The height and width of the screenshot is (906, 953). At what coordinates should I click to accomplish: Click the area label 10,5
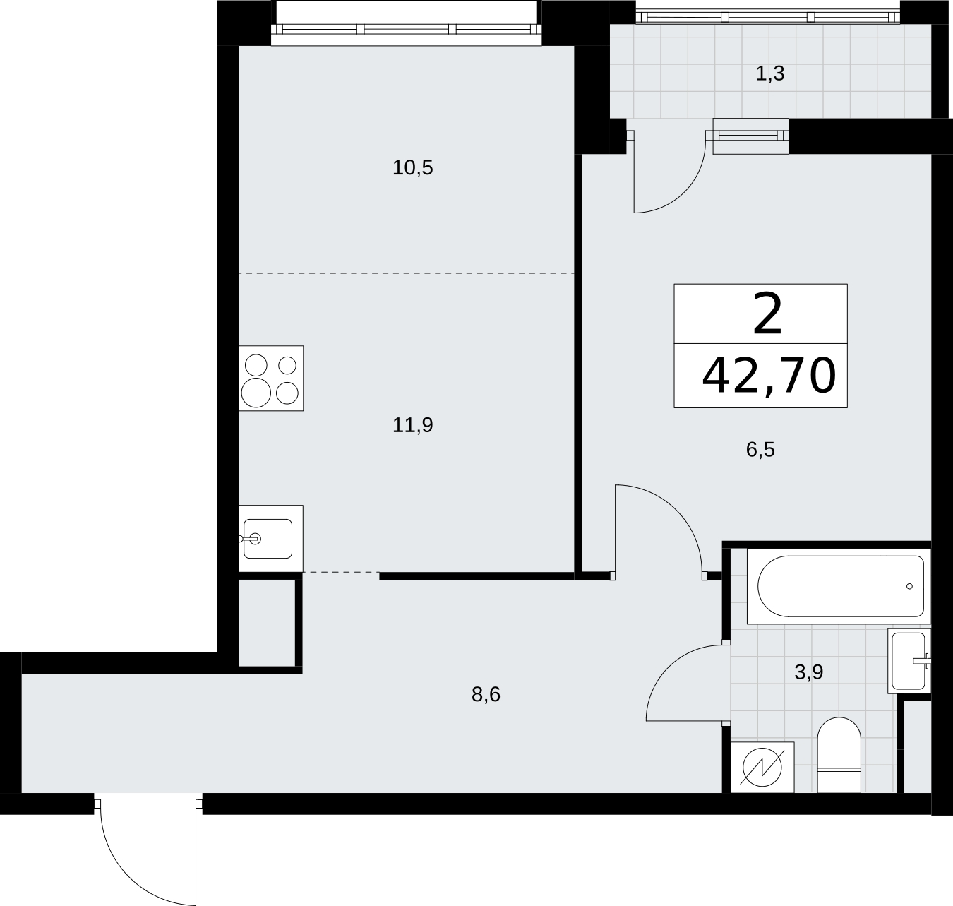(x=412, y=168)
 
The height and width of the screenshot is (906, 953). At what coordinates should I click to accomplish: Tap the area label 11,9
(x=412, y=425)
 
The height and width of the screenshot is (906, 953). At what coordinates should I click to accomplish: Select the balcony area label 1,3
(x=769, y=73)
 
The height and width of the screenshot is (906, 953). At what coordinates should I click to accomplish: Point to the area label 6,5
(x=760, y=450)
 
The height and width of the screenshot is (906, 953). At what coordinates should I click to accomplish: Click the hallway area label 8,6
(x=486, y=695)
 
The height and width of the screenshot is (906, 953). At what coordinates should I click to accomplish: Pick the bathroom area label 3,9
(x=808, y=672)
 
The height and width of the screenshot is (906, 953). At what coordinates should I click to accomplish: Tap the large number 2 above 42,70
(x=767, y=315)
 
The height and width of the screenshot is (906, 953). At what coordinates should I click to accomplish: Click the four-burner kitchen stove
(x=271, y=379)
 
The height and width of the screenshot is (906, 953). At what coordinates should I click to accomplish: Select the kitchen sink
(x=268, y=539)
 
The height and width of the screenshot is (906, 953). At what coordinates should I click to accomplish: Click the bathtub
(x=839, y=586)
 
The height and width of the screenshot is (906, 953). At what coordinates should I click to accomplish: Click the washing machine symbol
(x=762, y=768)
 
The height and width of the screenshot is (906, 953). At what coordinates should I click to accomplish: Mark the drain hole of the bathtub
(x=909, y=586)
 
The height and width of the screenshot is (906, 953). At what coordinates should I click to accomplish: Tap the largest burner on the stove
(x=256, y=393)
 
